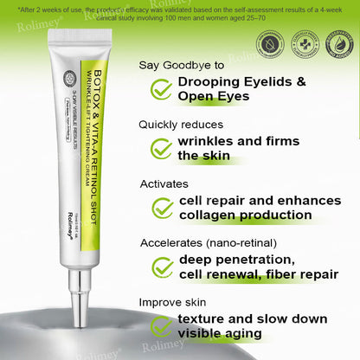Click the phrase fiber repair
302,275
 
